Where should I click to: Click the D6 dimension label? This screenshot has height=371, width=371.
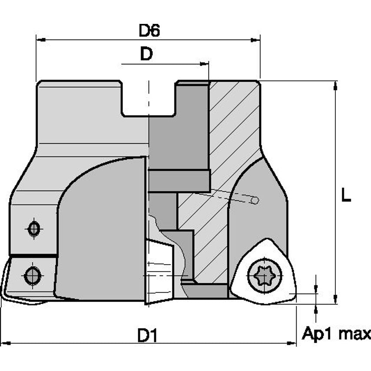tap(149, 31)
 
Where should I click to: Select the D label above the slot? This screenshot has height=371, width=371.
tap(147, 54)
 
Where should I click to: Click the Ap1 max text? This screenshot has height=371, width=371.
tap(336, 334)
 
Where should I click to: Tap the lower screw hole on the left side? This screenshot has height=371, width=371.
tap(33, 275)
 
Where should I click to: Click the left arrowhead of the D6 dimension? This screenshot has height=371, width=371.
tap(40, 40)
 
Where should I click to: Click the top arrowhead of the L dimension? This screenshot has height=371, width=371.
tap(335, 86)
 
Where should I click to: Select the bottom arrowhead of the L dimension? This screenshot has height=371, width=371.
tap(335, 299)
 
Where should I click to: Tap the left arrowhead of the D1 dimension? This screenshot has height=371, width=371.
tap(5, 344)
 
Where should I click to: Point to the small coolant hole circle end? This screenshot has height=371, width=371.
tap(255, 200)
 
